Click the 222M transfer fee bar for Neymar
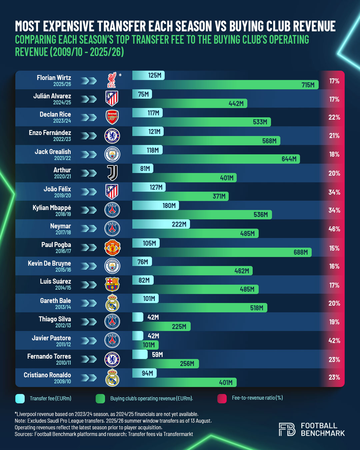[161, 224]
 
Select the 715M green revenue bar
[225, 85]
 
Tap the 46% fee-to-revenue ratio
[334, 229]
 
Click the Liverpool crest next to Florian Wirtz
[112, 80]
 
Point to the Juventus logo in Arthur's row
[112, 173]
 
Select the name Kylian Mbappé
[52, 208]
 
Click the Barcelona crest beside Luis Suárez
[112, 284]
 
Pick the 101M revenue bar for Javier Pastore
[145, 345]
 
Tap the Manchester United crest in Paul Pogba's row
[112, 247]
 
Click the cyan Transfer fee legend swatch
[20, 399]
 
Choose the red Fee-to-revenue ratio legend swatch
[222, 398]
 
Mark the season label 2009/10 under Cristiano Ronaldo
[62, 381]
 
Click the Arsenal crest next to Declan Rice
[112, 117]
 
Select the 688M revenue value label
[300, 252]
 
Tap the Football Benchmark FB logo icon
[287, 429]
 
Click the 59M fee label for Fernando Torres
[157, 355]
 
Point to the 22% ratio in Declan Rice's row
[334, 117]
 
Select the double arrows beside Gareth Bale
[89, 303]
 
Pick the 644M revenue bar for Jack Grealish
[216, 159]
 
